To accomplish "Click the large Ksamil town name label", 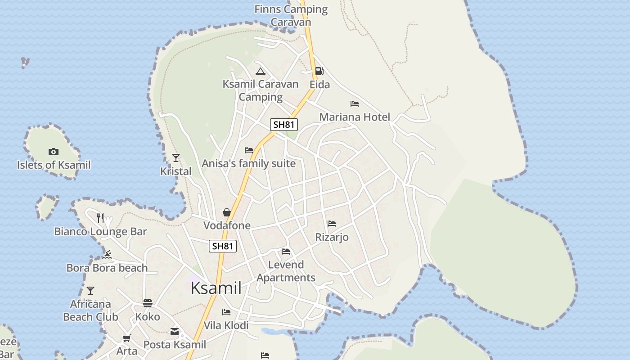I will (216, 288).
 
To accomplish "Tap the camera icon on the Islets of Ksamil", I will (54, 152).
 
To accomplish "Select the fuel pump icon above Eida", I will (319, 71).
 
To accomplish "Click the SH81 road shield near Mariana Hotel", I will (284, 125).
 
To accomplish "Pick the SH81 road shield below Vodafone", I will (223, 246).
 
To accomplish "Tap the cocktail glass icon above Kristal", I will (176, 158).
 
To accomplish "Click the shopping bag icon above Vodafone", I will (227, 212).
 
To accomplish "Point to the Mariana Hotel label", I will (355, 117).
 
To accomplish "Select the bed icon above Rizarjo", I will (332, 224).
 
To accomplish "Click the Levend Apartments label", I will (286, 271).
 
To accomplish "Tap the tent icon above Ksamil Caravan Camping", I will (261, 71).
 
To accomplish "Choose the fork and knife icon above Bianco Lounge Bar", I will (100, 218).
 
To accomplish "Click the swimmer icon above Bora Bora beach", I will (107, 255).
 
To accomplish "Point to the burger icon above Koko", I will (148, 303).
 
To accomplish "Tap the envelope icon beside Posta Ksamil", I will (175, 332).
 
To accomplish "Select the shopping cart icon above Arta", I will (127, 338).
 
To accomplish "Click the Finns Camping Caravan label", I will (291, 15).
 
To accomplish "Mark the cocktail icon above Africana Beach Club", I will (90, 291).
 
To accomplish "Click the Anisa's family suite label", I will (248, 163).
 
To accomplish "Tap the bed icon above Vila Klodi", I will (226, 312).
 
